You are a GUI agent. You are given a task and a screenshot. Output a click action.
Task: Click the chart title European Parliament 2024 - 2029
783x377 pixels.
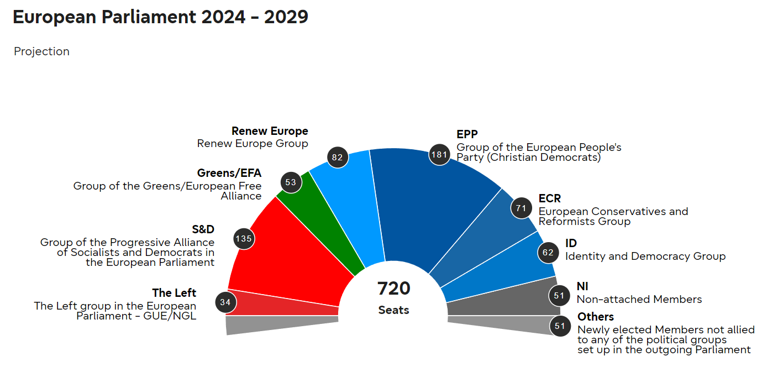160,17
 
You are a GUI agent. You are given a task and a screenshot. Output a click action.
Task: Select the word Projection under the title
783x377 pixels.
41,51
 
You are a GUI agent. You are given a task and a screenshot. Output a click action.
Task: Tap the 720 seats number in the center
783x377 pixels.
393,289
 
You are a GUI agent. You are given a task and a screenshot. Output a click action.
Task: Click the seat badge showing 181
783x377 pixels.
439,154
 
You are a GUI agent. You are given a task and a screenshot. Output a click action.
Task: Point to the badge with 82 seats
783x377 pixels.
338,157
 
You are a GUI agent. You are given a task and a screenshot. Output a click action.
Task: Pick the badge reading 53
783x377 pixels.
291,182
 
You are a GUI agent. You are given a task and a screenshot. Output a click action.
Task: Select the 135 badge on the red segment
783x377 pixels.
244,239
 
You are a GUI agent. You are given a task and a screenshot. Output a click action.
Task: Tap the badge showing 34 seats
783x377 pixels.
225,302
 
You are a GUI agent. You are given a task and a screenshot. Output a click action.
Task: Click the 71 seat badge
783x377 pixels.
521,208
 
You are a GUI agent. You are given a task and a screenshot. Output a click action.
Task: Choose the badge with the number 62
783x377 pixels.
548,253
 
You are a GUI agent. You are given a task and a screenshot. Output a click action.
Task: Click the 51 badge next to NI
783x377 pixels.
559,296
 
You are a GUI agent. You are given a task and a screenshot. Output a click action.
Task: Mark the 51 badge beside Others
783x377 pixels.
560,326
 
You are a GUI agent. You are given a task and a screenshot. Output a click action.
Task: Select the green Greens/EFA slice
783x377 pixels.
320,221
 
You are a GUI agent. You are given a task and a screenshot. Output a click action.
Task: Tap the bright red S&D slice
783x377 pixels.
287,254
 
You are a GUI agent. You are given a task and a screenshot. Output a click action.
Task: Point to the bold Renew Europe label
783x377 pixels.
270,131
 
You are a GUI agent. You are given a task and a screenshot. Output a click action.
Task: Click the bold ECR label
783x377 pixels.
550,198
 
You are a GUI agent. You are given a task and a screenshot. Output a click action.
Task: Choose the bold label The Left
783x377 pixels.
174,293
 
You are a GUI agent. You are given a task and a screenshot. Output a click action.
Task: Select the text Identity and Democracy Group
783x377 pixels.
645,256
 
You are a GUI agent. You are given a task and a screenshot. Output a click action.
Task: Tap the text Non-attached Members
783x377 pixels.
639,299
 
